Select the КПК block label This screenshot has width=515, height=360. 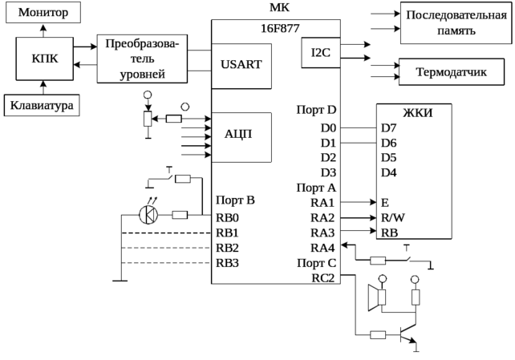[43, 59]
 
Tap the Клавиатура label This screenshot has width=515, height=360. [42, 106]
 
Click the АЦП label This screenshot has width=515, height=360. [238, 134]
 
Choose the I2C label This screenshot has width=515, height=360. [321, 52]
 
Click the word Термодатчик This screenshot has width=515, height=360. [451, 71]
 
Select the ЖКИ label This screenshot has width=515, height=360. [417, 112]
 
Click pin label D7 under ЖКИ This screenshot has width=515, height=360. [388, 127]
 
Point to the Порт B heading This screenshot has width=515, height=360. [234, 200]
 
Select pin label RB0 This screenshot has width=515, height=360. [228, 217]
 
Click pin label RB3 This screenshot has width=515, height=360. [228, 262]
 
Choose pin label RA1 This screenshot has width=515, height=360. [322, 202]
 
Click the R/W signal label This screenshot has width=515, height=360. [392, 217]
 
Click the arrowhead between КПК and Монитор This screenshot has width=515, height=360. [43, 28]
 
